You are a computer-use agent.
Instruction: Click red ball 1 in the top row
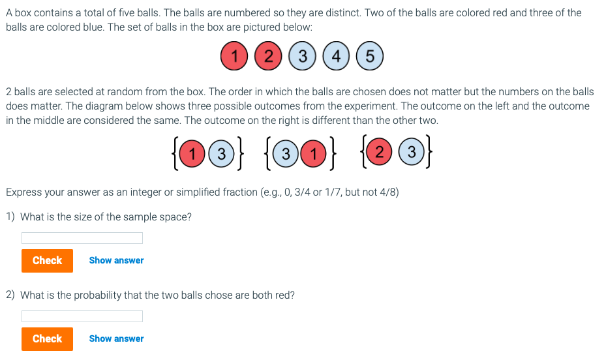(234, 56)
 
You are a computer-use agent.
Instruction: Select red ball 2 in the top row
(267, 56)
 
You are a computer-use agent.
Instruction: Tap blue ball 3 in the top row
(301, 56)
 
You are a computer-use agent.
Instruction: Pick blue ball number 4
(335, 56)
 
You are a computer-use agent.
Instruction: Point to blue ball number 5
(369, 56)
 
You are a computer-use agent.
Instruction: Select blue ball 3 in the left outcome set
(221, 154)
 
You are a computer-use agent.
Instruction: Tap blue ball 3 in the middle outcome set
(285, 154)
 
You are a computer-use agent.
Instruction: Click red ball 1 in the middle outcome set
(314, 154)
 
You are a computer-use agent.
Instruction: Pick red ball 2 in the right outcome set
(379, 153)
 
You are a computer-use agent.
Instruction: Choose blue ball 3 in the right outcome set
(411, 153)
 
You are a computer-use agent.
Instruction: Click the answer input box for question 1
(82, 238)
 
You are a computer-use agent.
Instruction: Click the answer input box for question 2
(82, 316)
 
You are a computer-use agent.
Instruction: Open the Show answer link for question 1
(116, 260)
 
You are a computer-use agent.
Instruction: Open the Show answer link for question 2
(116, 338)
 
